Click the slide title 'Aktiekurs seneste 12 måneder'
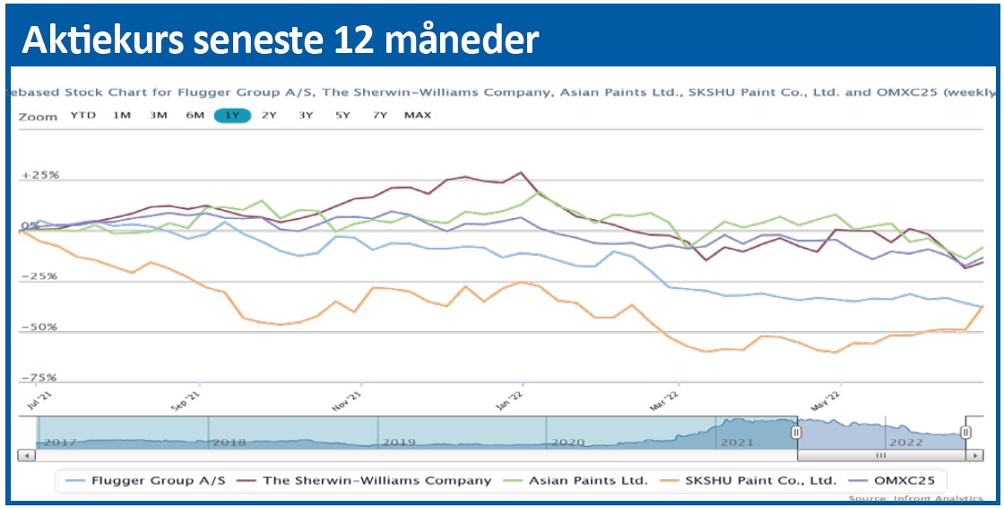(280, 39)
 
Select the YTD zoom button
(83, 115)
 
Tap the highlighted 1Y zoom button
(232, 115)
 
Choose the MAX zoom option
(418, 115)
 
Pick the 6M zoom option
(195, 115)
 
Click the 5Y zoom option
(342, 115)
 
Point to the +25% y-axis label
(39, 175)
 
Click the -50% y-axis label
(39, 327)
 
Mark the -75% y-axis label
(39, 378)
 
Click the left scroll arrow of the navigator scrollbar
(28, 455)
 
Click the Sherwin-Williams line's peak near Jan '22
(521, 172)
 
